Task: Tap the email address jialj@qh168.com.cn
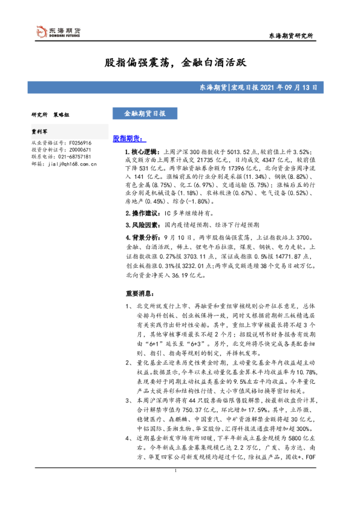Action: click(x=71, y=163)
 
